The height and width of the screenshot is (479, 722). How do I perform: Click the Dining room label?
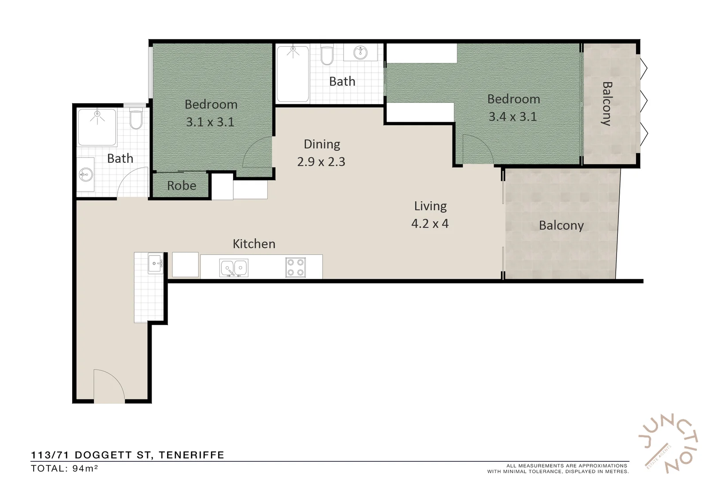coord(322,144)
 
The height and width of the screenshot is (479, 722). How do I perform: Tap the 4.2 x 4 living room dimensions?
coord(429,224)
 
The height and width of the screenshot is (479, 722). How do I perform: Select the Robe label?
coord(181,185)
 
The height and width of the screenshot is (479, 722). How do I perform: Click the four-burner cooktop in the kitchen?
coord(295,267)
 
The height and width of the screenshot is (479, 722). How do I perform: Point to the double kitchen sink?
coord(234,268)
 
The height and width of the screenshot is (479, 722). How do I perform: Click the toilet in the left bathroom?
coord(136,120)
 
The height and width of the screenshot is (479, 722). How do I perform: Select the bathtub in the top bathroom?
coord(293,74)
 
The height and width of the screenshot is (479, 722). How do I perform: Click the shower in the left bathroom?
coord(97,127)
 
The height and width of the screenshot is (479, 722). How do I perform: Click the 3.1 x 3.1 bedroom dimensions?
coord(210,122)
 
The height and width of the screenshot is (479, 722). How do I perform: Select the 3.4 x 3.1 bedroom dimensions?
coord(512,117)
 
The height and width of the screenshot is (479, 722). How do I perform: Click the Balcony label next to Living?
coord(561,225)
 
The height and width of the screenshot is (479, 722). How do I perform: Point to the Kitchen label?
coord(254,243)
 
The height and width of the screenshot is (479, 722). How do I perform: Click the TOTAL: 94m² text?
coord(64,468)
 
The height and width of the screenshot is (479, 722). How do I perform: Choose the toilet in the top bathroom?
coord(327,55)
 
